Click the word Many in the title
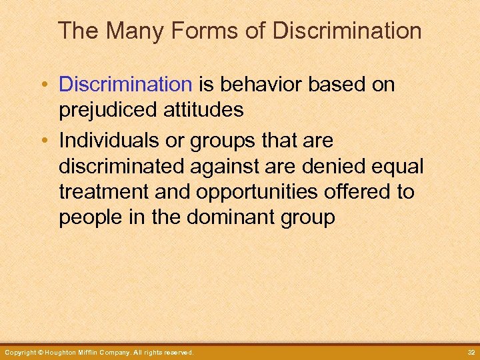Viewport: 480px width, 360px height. (x=127, y=31)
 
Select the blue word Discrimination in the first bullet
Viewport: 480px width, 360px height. (x=125, y=85)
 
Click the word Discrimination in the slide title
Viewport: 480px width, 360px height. (x=347, y=31)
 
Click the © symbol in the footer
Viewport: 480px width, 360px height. (x=40, y=352)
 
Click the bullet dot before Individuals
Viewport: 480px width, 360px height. (x=45, y=142)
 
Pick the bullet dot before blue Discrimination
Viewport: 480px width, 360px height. (x=45, y=85)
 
